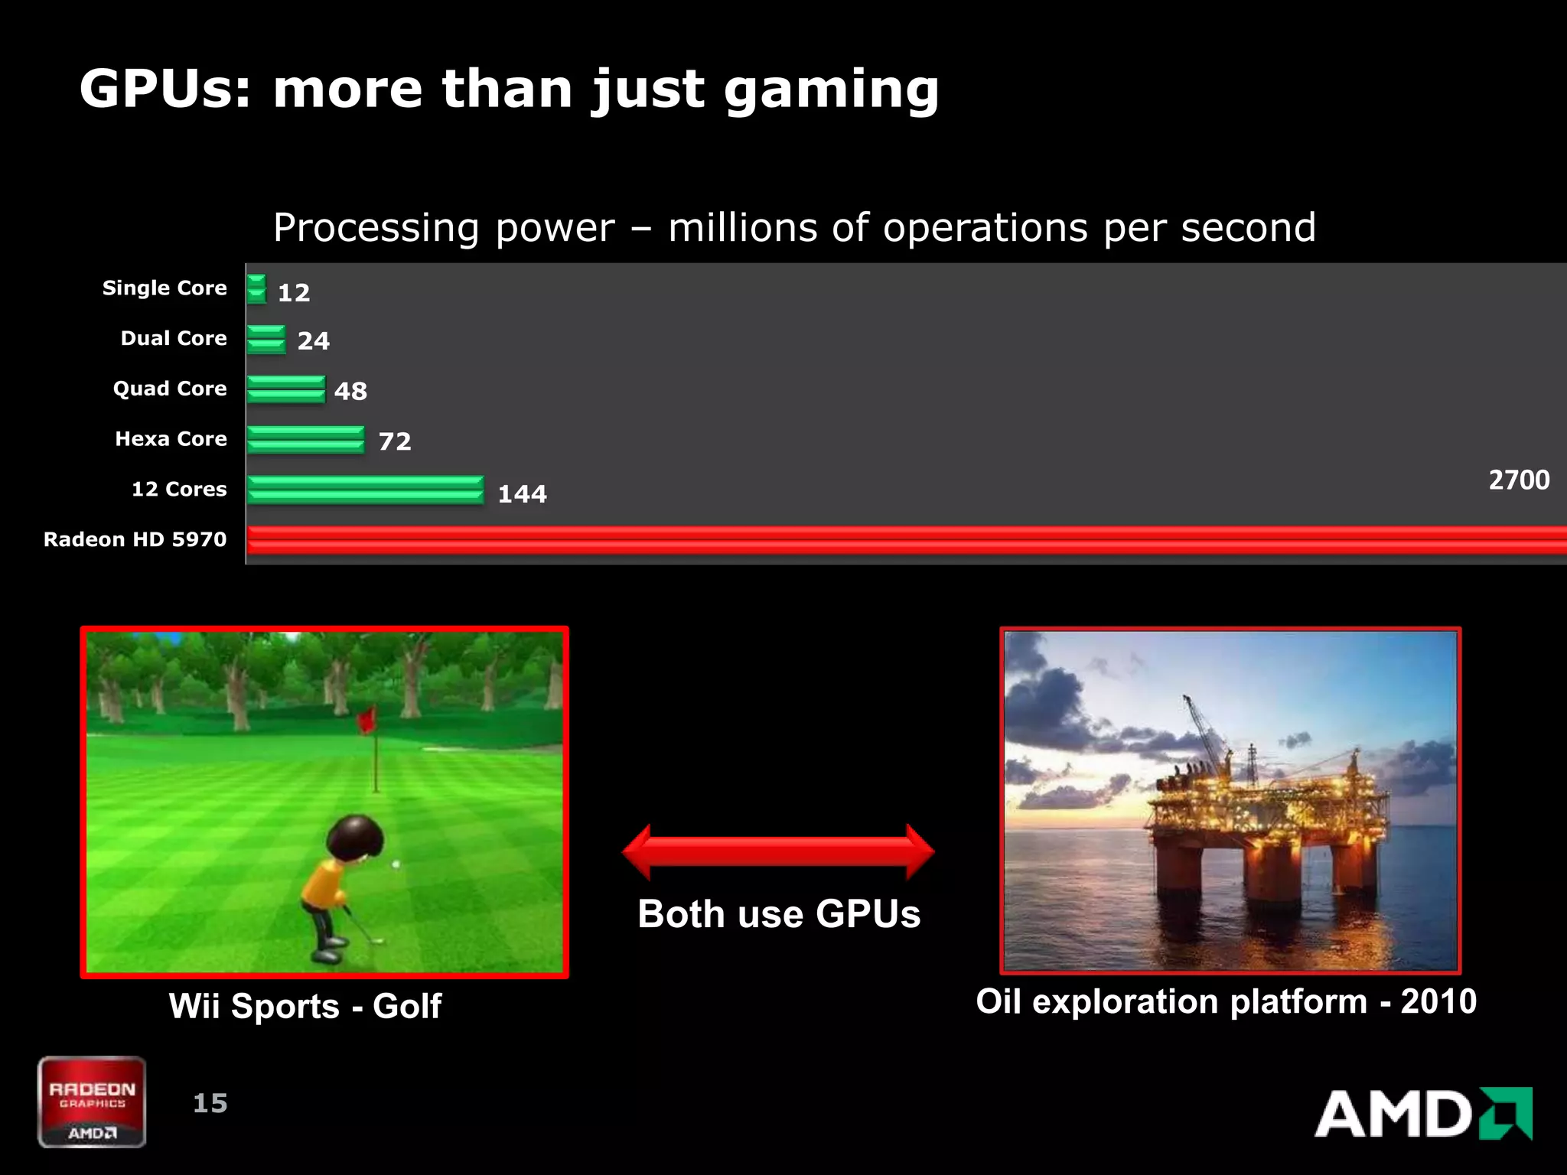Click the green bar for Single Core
coord(257,289)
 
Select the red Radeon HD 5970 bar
coord(903,539)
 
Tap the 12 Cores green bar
coord(366,490)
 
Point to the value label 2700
coord(1519,480)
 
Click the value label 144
coord(523,493)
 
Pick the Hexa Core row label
coord(171,438)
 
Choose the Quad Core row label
coord(170,389)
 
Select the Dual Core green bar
coord(267,339)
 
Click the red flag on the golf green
coord(367,719)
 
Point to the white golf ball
coord(396,864)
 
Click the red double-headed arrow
coord(778,851)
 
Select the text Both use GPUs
coord(779,914)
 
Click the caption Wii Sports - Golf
coord(305,1006)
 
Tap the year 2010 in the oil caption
coord(1438,1001)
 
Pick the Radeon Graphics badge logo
coord(92,1102)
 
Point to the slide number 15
coord(210,1103)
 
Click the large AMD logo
coord(1423,1114)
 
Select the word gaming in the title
coord(832,90)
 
